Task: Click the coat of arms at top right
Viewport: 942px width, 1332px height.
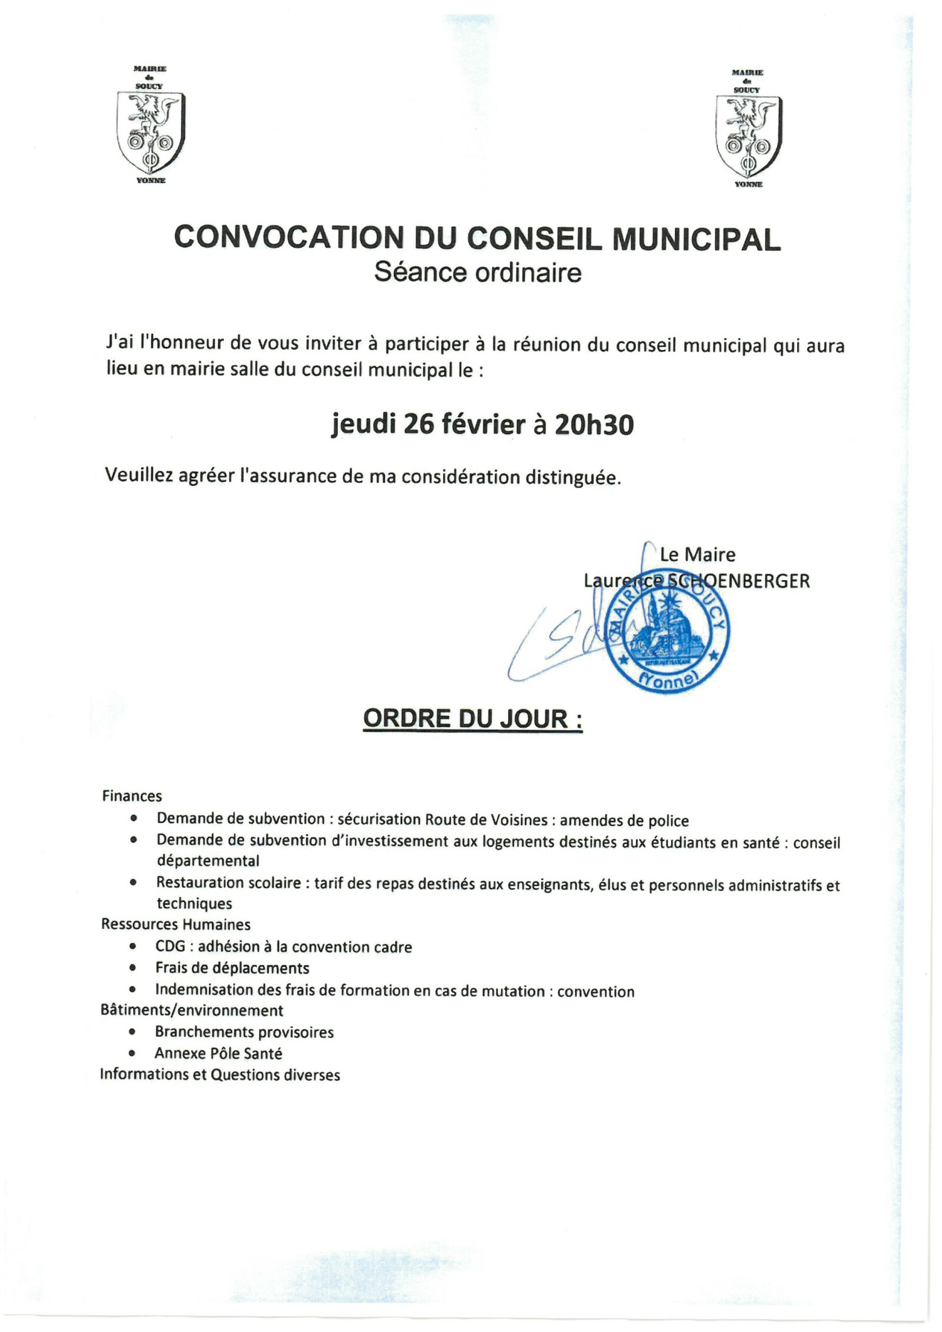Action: click(x=748, y=135)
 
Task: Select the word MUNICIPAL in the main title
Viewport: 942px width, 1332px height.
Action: click(x=696, y=239)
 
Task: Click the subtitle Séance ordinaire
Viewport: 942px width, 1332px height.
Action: click(x=477, y=273)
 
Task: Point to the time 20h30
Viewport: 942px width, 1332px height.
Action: click(x=594, y=425)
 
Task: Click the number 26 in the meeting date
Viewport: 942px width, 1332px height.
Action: click(x=419, y=424)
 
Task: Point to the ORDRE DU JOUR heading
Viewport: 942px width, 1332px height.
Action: click(x=473, y=718)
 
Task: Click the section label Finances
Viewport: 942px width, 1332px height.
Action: click(x=132, y=796)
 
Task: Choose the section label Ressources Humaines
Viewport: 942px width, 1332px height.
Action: click(x=175, y=924)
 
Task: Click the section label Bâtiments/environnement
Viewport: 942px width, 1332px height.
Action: click(x=192, y=1010)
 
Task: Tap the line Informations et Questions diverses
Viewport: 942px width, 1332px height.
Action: click(x=220, y=1075)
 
